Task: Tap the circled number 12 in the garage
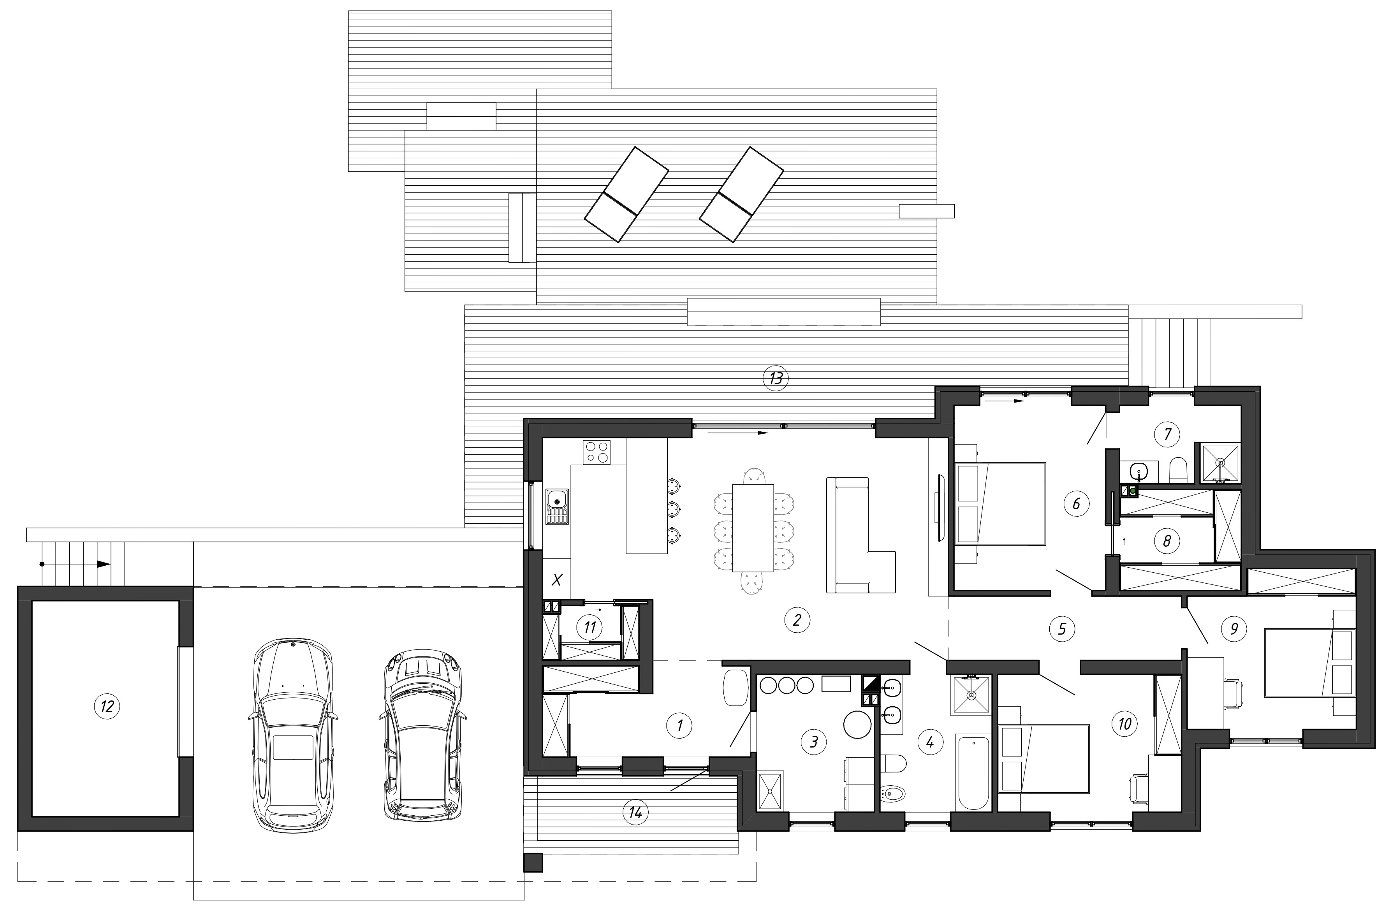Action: pyautogui.click(x=107, y=707)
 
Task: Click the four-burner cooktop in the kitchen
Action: pyautogui.click(x=597, y=452)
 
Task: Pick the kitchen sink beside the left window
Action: pyautogui.click(x=557, y=507)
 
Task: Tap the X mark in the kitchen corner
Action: pyautogui.click(x=557, y=579)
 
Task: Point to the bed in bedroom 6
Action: pyautogui.click(x=999, y=504)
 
